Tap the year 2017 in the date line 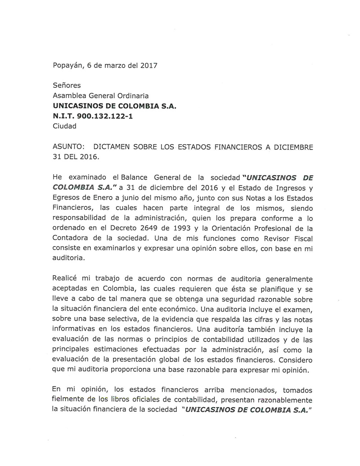[148, 65]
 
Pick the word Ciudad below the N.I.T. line [64, 126]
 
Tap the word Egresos [67, 198]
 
